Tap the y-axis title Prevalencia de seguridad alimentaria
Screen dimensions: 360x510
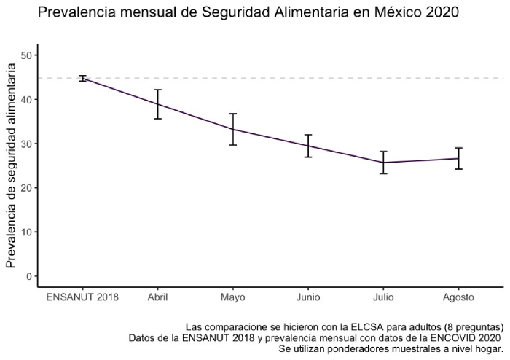[x=12, y=165]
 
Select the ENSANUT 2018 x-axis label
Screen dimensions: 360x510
[x=82, y=297]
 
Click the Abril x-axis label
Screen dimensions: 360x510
[x=158, y=297]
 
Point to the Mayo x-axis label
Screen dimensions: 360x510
[x=233, y=297]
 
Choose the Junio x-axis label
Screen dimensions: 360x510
[x=308, y=297]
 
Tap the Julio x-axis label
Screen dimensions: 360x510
[x=383, y=297]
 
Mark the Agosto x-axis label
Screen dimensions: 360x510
[x=459, y=297]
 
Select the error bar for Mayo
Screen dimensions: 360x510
[x=233, y=129]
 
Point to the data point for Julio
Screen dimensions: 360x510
[x=383, y=163]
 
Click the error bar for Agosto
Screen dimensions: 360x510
[x=459, y=158]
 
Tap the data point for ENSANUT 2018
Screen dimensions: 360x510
[x=82, y=78]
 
